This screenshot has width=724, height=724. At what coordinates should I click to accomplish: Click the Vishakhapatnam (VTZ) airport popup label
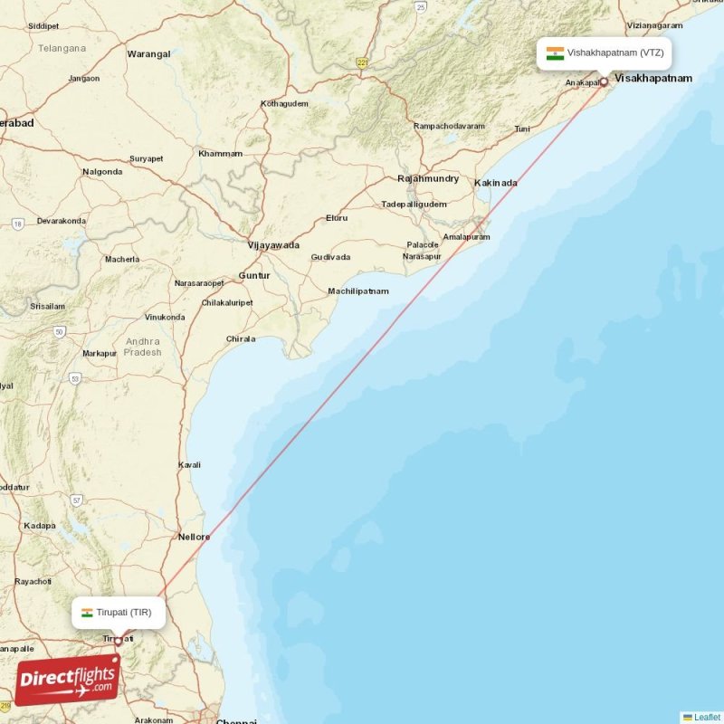click(605, 52)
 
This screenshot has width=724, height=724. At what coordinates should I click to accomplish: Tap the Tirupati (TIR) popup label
click(119, 613)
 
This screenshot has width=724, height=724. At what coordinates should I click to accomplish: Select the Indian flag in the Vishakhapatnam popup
click(555, 52)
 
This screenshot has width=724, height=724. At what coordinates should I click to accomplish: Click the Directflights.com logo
click(68, 679)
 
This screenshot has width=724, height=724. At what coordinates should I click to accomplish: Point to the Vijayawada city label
click(273, 245)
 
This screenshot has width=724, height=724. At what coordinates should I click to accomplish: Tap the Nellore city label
click(194, 537)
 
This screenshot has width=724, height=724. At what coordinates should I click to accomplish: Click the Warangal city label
click(148, 54)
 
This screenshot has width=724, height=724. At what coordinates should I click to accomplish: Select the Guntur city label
click(254, 275)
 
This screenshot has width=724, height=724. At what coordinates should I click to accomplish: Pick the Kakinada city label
click(496, 183)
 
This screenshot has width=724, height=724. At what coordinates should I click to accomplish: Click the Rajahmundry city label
click(428, 179)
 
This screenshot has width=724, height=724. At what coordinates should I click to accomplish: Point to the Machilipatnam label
click(358, 291)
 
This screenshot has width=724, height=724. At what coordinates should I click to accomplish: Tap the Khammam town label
click(221, 154)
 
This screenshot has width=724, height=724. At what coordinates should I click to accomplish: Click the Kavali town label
click(189, 465)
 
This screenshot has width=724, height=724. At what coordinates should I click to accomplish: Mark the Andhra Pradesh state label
click(143, 347)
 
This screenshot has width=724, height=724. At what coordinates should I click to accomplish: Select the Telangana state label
click(62, 48)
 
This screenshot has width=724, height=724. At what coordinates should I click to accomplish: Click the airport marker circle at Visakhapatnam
click(604, 82)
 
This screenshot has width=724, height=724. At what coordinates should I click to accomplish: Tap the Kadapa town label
click(40, 525)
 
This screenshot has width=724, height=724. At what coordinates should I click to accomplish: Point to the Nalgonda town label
click(102, 172)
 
